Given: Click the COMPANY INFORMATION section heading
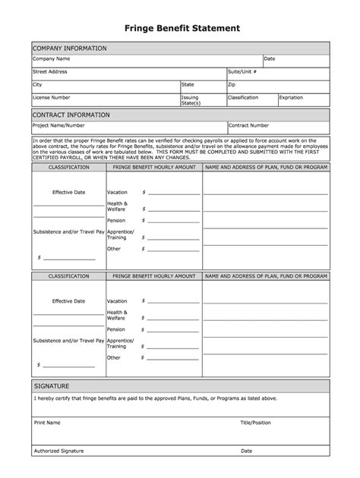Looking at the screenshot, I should point(69,49).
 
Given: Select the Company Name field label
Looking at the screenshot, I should point(51,58).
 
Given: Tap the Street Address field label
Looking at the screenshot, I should point(50,71).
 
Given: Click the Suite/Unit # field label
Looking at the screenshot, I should point(243,71).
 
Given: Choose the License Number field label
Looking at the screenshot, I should point(52,97).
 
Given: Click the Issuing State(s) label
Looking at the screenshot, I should point(191,100).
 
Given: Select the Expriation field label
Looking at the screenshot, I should point(291,97).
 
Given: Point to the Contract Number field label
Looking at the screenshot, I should point(249,124).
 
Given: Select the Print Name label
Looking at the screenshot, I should point(47,422).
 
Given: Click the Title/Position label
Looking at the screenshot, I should point(255,422).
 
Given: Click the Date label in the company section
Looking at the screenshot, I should point(270,58).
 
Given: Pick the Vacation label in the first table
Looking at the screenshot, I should point(117,192).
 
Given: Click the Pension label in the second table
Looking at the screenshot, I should point(116,329).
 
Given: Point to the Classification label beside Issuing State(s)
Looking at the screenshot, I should point(244,97).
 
